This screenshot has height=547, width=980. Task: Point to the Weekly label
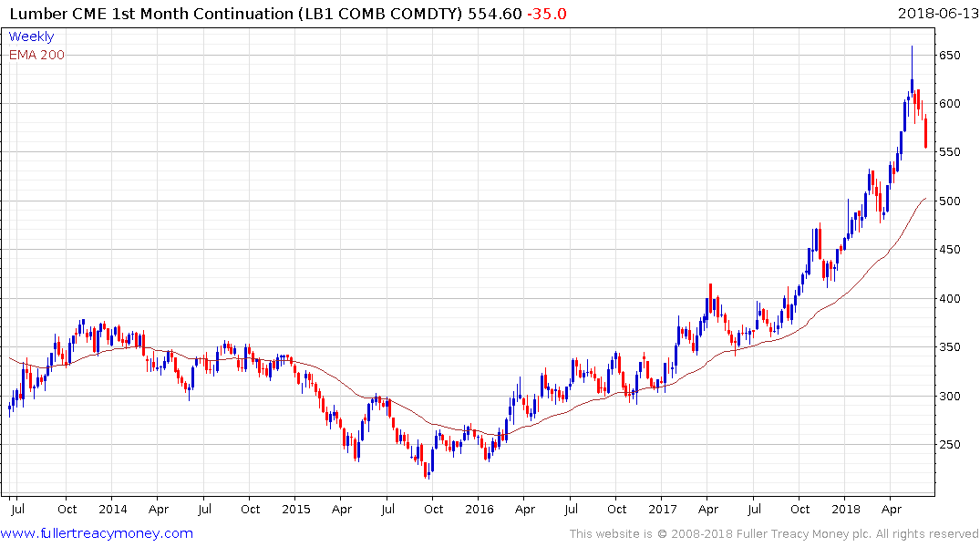pyautogui.click(x=31, y=36)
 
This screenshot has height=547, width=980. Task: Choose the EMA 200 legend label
pyautogui.click(x=36, y=55)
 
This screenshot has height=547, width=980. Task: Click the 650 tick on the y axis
pyautogui.click(x=952, y=55)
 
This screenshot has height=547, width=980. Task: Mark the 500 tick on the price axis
pyautogui.click(x=952, y=201)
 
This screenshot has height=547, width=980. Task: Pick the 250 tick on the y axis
pyautogui.click(x=952, y=445)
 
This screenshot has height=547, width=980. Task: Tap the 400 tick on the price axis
pyautogui.click(x=952, y=298)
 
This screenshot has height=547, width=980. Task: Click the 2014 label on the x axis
pyautogui.click(x=112, y=509)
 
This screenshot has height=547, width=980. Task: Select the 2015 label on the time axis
pyautogui.click(x=295, y=509)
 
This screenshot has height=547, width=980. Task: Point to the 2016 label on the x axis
pyautogui.click(x=479, y=509)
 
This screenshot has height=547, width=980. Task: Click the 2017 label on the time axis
pyautogui.click(x=663, y=509)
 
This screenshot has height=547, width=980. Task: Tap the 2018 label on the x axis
pyautogui.click(x=845, y=509)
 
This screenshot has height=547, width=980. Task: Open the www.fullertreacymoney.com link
pyautogui.click(x=98, y=533)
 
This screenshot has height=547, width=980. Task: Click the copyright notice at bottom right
pyautogui.click(x=774, y=533)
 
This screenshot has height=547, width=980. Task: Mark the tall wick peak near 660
pyautogui.click(x=912, y=47)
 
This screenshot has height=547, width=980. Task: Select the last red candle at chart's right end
pyautogui.click(x=925, y=133)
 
